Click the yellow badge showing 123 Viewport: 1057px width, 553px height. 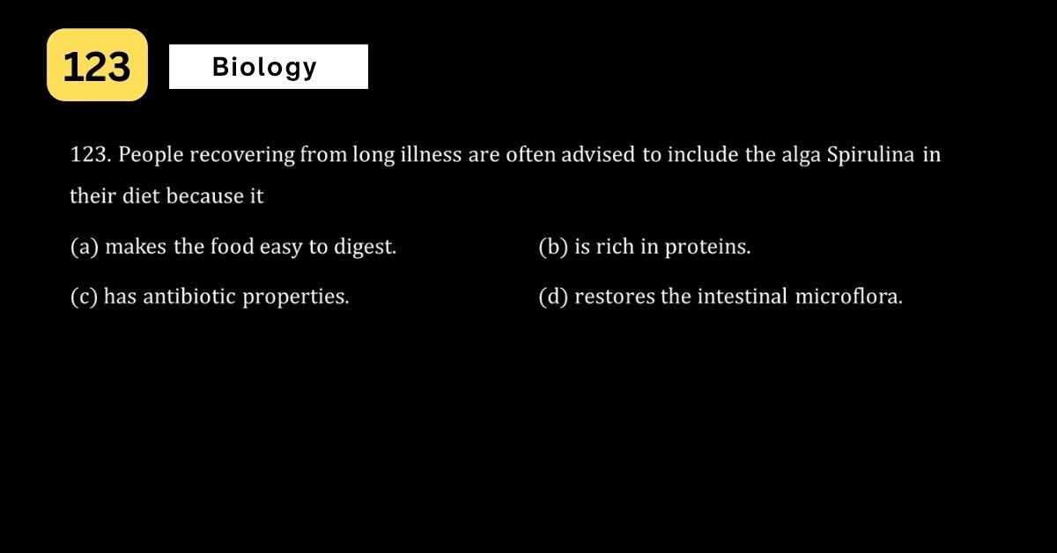pos(97,64)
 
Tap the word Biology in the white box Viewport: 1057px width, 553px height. pos(265,68)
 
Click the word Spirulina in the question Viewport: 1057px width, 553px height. pos(870,155)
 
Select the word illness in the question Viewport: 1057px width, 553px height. pos(431,154)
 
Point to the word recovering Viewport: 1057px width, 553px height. pos(242,155)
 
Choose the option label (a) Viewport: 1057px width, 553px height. pos(85,247)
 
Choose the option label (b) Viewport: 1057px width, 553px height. pos(553,247)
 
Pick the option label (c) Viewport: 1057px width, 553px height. pos(84,297)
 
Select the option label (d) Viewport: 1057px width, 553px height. pos(553,297)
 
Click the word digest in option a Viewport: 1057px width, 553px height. pos(365,247)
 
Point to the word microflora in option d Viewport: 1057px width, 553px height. pos(848,297)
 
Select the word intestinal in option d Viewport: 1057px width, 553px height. pos(743,297)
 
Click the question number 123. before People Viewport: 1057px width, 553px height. pos(91,154)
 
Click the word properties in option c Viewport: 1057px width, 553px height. pos(296,298)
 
